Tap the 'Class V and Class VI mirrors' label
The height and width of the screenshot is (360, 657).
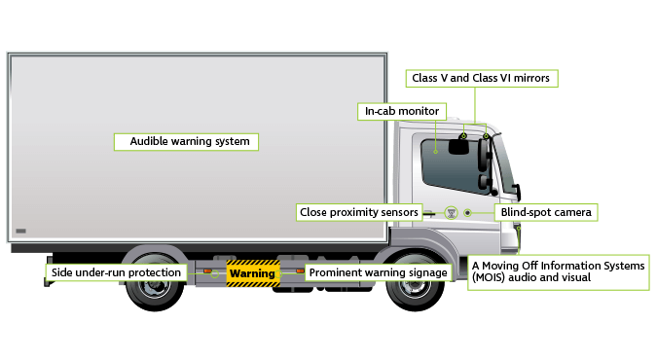click(482, 77)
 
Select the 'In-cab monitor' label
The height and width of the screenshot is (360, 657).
click(402, 111)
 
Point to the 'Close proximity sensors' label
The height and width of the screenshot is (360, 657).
click(358, 211)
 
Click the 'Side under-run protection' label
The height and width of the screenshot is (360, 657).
click(116, 272)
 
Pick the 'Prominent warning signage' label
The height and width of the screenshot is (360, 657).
click(378, 272)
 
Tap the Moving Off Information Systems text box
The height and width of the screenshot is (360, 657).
click(558, 271)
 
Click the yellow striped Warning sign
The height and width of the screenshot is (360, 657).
click(252, 273)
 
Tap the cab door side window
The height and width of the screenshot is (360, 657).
click(448, 163)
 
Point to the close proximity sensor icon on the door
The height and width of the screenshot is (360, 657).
click(450, 212)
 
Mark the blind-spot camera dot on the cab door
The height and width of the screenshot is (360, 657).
click(467, 212)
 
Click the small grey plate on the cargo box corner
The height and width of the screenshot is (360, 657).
click(21, 231)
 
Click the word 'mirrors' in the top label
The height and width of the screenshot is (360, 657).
click(531, 77)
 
